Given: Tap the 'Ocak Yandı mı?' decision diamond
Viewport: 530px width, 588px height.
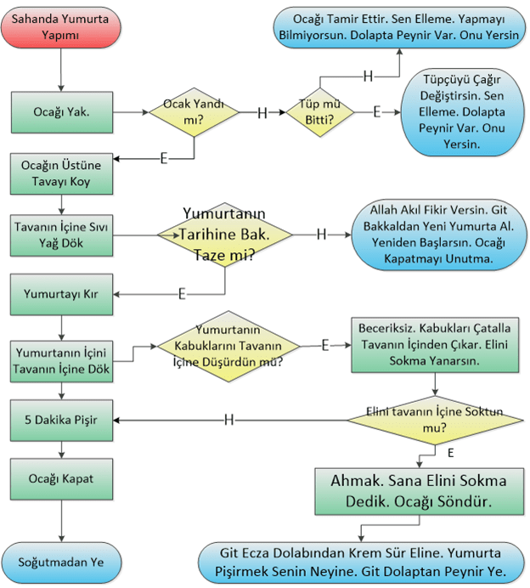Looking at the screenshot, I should (x=195, y=112).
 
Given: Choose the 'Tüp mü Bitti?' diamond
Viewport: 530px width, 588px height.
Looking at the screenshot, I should (x=318, y=111).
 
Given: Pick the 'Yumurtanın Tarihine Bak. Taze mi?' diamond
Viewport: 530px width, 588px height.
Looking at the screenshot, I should (x=224, y=233).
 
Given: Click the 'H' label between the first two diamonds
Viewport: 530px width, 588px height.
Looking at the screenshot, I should (x=262, y=112).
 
